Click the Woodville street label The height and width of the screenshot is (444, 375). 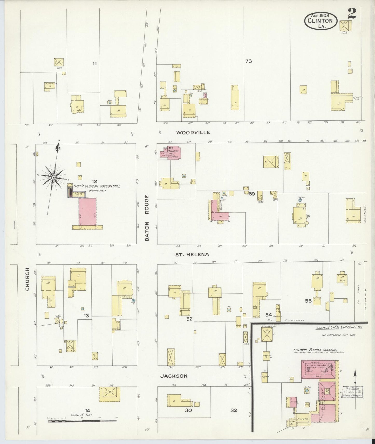[193, 132]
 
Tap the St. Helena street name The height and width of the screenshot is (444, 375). [192, 254]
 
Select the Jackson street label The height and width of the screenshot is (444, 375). [174, 376]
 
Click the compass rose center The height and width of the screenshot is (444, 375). [53, 177]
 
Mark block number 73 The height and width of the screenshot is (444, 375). [248, 61]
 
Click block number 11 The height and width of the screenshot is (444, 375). [95, 63]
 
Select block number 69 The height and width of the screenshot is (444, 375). [251, 194]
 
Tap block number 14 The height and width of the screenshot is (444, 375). [88, 410]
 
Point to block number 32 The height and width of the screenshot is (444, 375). [234, 410]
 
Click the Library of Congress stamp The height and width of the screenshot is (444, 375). [353, 392]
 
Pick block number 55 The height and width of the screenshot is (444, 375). [308, 301]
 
